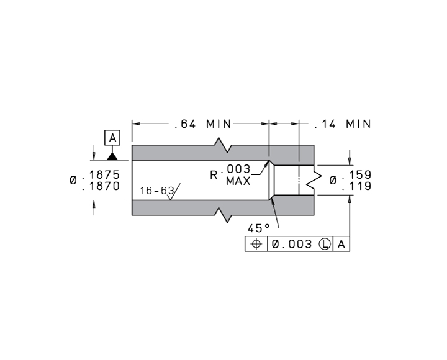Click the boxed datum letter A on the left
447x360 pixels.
(112, 137)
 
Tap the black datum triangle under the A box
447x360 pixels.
(112, 155)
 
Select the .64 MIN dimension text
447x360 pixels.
(202, 124)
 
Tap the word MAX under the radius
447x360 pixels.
(238, 182)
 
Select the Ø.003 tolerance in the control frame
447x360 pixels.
(292, 245)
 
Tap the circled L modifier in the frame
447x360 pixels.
(325, 245)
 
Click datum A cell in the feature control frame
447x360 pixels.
(342, 245)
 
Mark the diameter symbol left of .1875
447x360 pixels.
(74, 180)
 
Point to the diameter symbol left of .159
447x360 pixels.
(333, 180)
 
